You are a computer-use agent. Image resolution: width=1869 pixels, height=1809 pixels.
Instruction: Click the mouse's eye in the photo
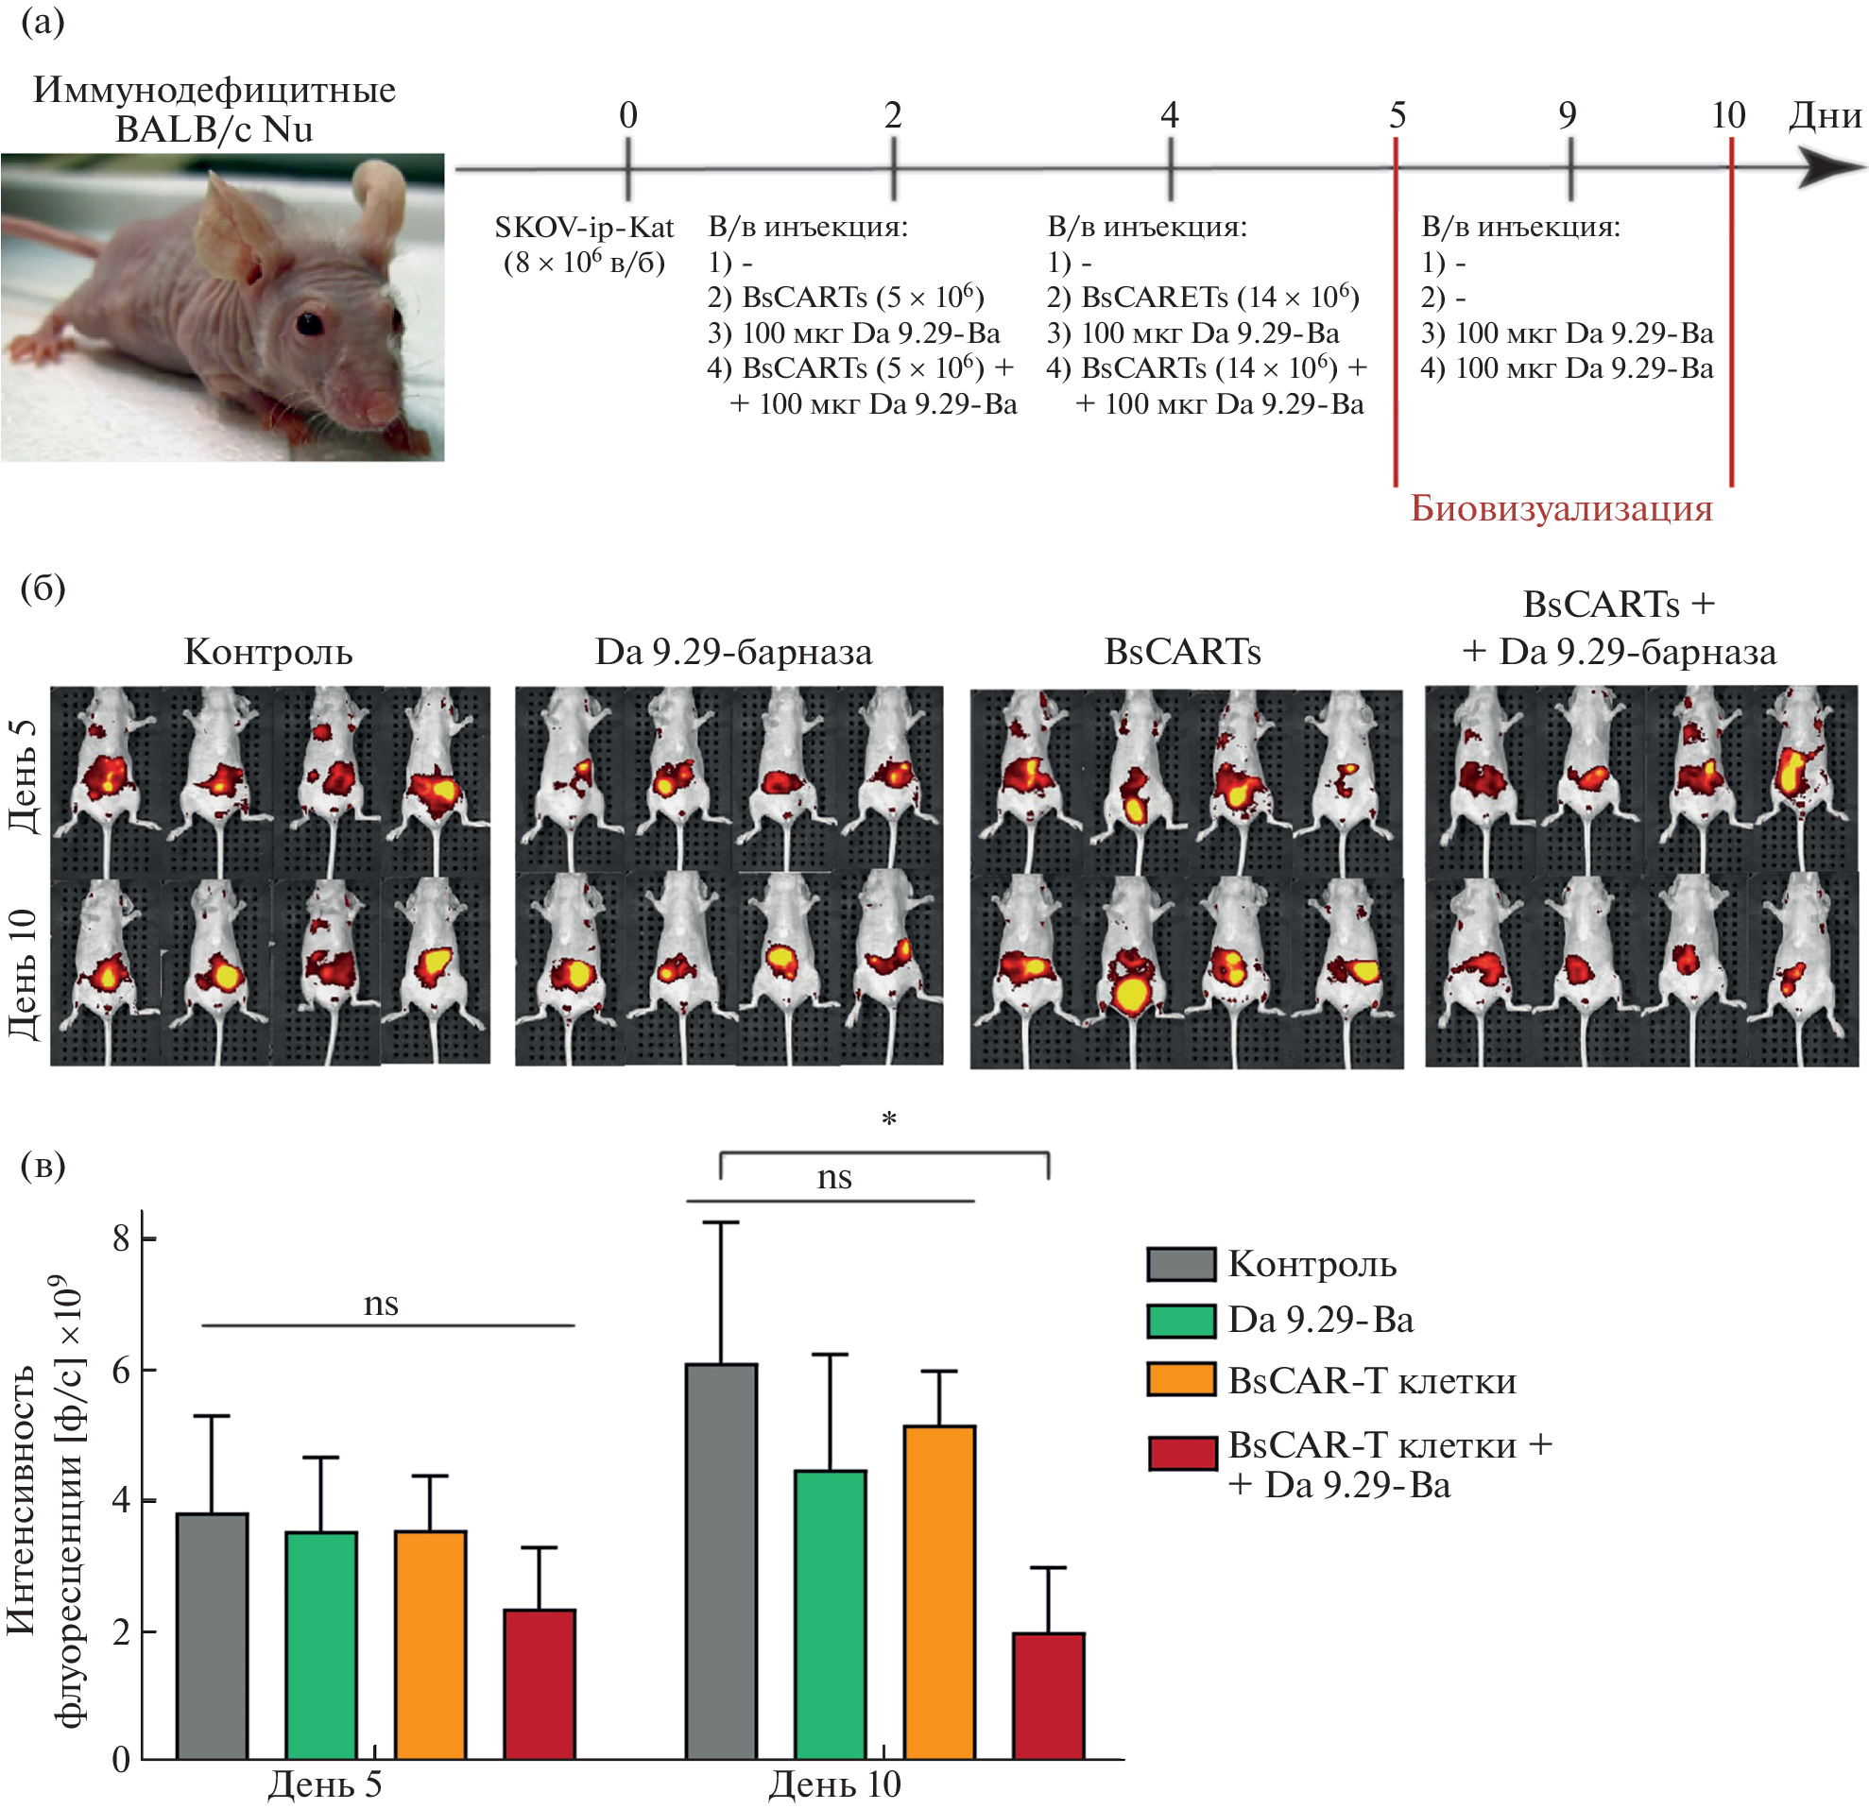click(309, 323)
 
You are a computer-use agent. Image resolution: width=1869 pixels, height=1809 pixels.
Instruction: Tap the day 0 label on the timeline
click(627, 115)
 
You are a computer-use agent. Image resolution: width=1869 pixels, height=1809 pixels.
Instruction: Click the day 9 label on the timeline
click(1568, 115)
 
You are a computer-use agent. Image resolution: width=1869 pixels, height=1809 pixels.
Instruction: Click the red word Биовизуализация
click(1561, 508)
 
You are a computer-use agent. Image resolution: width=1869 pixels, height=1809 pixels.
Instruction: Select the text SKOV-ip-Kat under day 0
click(584, 228)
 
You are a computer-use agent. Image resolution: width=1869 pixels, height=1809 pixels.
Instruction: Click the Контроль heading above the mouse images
click(268, 652)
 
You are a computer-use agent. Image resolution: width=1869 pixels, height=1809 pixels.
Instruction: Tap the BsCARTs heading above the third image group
click(1182, 652)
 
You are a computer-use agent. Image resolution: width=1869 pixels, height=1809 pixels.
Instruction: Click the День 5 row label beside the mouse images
click(24, 777)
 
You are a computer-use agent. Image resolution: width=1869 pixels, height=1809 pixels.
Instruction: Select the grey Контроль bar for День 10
click(721, 1562)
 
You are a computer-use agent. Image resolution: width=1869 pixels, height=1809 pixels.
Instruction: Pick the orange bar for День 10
click(939, 1593)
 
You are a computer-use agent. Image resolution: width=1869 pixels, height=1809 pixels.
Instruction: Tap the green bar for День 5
click(321, 1645)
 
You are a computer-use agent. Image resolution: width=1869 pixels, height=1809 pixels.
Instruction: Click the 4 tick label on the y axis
click(120, 1501)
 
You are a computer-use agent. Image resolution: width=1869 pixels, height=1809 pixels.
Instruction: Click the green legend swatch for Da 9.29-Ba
click(1180, 1321)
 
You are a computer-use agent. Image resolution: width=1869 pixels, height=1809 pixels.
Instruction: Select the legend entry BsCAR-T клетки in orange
click(1371, 1381)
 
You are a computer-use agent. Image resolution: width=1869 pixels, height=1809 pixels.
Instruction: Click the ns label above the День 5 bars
click(381, 1303)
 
